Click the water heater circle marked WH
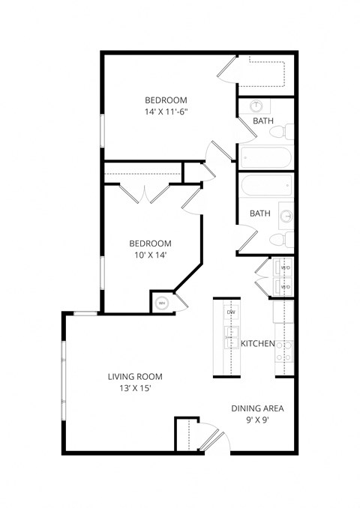click(161, 303)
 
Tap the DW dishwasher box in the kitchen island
click(231, 312)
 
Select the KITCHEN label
click(257, 344)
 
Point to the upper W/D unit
click(284, 268)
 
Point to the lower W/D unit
click(284, 286)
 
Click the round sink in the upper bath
click(257, 106)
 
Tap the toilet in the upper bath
click(279, 132)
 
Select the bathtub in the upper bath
click(265, 158)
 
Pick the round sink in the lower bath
click(286, 215)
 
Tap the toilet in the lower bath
click(280, 240)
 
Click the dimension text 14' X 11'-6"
click(166, 112)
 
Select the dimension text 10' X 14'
click(150, 255)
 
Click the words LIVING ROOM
click(135, 377)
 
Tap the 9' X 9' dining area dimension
click(256, 420)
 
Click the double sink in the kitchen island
click(230, 339)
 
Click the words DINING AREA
click(257, 408)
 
